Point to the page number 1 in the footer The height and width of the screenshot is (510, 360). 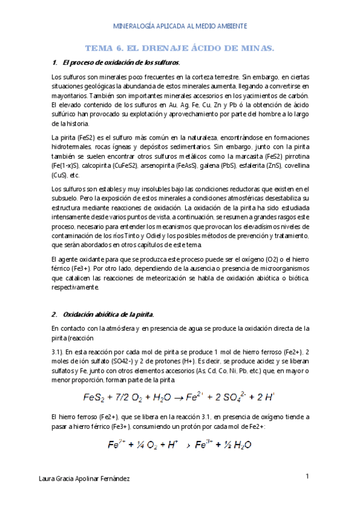(x=307, y=476)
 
